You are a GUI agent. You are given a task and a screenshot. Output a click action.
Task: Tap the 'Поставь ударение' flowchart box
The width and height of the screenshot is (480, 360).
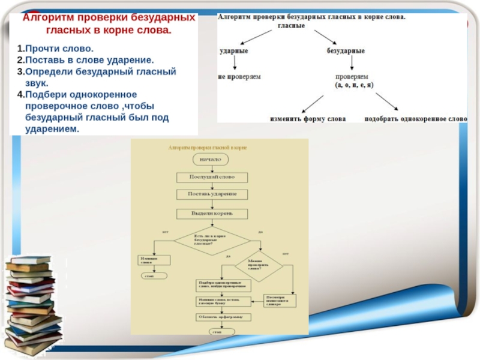click(x=212, y=194)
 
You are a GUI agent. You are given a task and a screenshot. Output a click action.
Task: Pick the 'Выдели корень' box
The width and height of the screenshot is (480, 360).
click(x=212, y=213)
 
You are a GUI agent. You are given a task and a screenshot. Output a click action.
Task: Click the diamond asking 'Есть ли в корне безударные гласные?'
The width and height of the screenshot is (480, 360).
click(x=212, y=241)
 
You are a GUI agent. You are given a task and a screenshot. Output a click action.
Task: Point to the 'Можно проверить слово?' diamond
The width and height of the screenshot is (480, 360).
click(x=259, y=264)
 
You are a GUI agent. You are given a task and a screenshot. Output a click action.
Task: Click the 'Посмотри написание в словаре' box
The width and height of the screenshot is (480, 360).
click(x=280, y=301)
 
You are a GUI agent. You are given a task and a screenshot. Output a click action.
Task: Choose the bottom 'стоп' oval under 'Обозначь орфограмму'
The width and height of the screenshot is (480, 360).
click(x=217, y=331)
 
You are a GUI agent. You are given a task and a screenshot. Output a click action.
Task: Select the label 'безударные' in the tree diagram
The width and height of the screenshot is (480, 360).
click(x=346, y=51)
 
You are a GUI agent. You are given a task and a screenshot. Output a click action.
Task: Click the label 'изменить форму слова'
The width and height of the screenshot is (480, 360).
click(x=308, y=119)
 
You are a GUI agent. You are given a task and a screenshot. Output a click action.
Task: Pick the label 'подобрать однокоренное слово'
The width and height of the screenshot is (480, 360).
click(x=415, y=119)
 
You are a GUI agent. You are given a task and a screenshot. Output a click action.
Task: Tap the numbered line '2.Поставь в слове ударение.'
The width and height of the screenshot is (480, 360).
click(x=85, y=60)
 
